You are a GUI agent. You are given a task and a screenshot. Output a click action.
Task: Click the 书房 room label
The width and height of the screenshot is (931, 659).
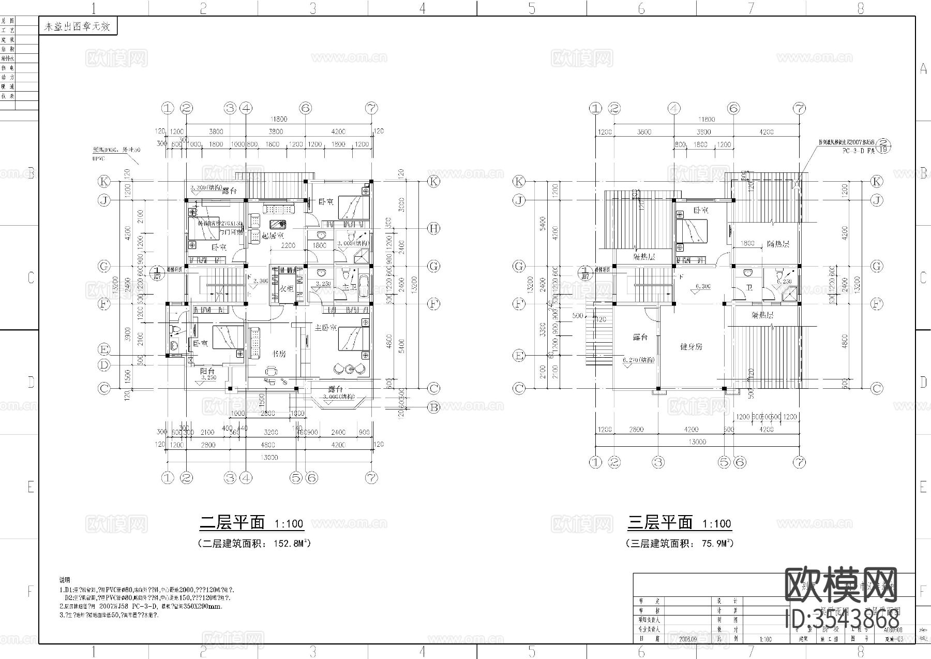[x=279, y=354]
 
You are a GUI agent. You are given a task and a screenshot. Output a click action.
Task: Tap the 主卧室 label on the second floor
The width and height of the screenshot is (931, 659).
[x=326, y=328]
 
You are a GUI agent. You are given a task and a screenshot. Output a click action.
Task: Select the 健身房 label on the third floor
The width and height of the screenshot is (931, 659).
[x=691, y=347]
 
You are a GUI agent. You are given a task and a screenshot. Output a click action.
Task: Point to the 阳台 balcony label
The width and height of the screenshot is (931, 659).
[x=207, y=371]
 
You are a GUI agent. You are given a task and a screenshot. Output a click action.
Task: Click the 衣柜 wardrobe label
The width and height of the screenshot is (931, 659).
[x=287, y=289]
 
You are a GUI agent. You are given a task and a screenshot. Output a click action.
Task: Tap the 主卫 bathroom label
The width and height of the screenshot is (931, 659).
[x=349, y=288]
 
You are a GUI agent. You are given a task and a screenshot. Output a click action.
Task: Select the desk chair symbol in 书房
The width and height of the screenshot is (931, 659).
[x=270, y=371]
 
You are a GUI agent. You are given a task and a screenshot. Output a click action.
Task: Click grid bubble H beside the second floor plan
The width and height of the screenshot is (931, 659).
[x=433, y=228]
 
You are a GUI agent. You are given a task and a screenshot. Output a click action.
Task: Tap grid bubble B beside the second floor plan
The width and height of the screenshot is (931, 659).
[x=433, y=408]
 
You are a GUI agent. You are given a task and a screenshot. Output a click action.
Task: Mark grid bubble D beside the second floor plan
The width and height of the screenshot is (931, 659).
[x=104, y=365]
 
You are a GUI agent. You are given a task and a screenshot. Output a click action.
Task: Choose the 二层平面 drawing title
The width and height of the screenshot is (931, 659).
[x=232, y=522]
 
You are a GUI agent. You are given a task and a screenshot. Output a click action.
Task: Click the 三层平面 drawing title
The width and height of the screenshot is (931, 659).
[x=660, y=522]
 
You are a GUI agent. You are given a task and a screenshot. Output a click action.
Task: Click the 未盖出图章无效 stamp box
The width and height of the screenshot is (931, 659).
[x=78, y=27]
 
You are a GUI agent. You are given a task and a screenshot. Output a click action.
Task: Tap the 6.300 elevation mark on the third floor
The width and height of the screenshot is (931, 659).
[x=703, y=286]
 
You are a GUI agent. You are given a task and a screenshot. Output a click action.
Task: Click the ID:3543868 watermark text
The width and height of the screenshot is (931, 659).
[x=842, y=619]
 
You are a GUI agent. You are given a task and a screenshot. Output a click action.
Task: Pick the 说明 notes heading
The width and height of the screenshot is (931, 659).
[x=65, y=580]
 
